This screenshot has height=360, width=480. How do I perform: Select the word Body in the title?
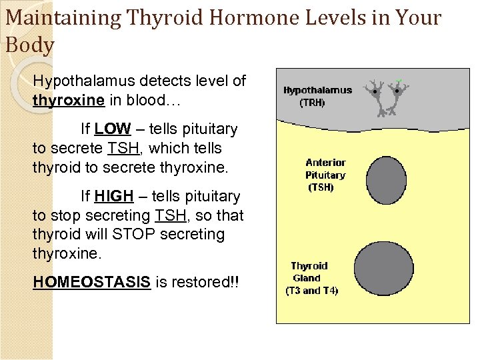pos(29,45)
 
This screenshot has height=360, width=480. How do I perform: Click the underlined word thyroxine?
pos(68,100)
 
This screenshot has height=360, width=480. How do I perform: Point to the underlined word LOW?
pos(113,129)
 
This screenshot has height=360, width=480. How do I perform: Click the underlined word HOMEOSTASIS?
pos(91,282)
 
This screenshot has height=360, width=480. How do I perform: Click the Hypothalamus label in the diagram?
pos(317,91)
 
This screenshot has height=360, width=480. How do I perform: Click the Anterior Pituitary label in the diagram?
pos(325,169)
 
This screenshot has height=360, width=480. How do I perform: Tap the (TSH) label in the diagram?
pos(321,187)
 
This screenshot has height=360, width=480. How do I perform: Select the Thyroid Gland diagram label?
pos(309,272)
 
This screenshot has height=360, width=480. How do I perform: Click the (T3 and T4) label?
pos(311,291)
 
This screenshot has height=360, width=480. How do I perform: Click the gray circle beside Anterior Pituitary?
pos(386,180)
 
